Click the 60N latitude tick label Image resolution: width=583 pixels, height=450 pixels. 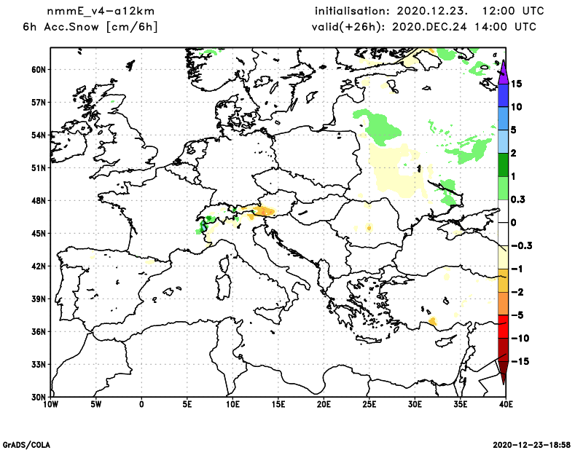tap(38, 69)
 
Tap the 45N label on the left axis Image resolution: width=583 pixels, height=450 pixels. tap(38, 233)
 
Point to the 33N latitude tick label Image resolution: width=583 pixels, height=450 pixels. tap(38, 364)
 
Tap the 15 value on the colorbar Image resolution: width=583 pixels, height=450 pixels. tap(516, 84)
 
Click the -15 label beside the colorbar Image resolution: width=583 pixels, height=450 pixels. tap(518, 361)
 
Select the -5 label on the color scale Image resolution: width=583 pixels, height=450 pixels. tap(516, 315)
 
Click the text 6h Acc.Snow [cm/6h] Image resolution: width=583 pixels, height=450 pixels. tap(90, 27)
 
